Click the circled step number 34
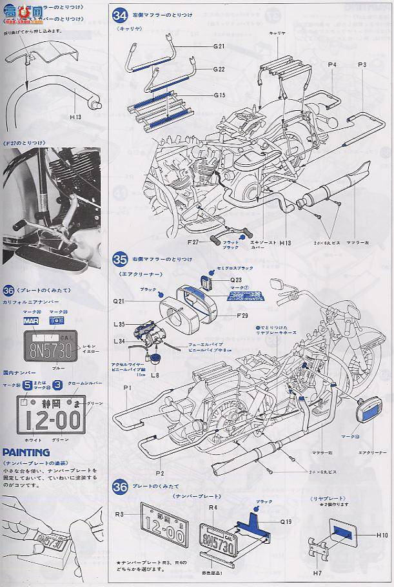(119, 14)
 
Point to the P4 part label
(332, 64)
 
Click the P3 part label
(361, 64)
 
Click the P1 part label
(127, 387)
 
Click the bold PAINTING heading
(26, 452)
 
